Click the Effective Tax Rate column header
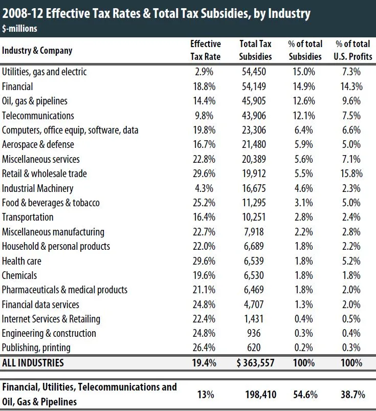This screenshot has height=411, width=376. click(205, 50)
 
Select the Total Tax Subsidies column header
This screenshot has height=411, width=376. click(255, 50)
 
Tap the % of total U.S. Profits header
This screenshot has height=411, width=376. click(353, 50)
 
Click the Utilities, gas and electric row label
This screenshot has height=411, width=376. click(45, 72)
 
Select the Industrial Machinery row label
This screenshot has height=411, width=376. click(38, 188)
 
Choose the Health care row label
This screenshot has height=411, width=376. click(22, 261)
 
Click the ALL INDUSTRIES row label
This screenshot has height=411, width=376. click(33, 363)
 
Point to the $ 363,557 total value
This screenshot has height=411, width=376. click(255, 363)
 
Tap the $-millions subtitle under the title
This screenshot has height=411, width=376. click(19, 29)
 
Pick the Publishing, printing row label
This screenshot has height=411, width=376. click(36, 348)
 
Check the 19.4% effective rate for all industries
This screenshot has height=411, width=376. click(205, 363)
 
